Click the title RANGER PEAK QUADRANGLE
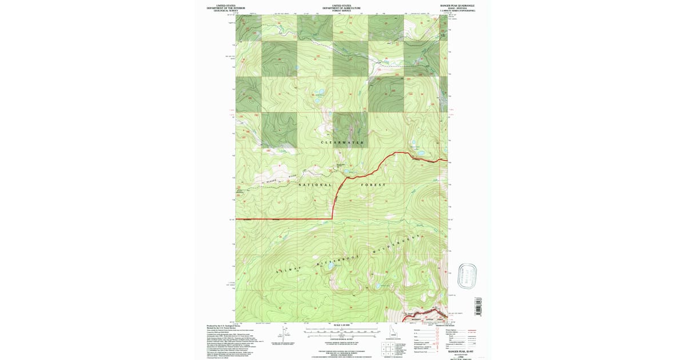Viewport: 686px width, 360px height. click(x=457, y=5)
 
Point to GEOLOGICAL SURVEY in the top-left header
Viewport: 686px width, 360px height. click(x=225, y=10)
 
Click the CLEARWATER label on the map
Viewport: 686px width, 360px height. click(x=342, y=142)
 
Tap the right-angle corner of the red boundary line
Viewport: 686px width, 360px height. click(x=333, y=219)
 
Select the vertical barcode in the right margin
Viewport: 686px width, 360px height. click(x=478, y=306)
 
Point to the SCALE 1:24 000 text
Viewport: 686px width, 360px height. click(x=341, y=326)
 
